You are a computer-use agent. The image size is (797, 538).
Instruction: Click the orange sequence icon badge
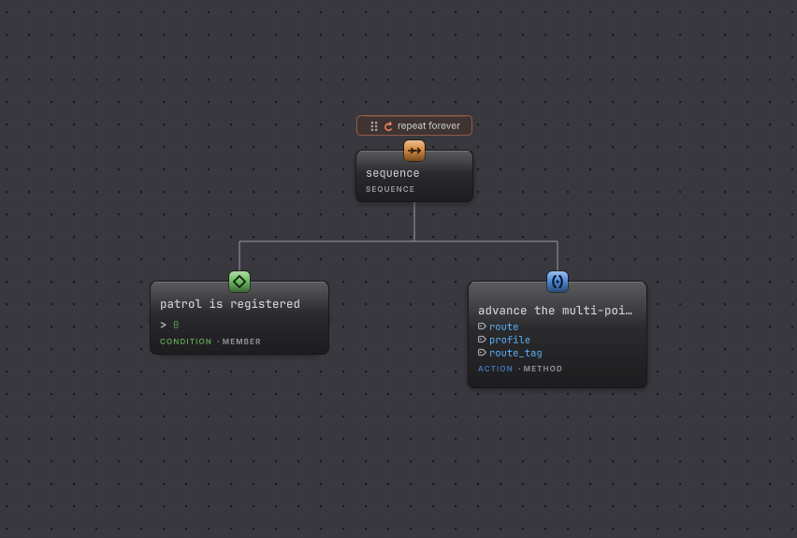click(x=414, y=151)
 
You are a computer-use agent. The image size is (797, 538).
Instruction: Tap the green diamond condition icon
click(x=239, y=282)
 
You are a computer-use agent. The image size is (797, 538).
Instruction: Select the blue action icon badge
click(x=558, y=282)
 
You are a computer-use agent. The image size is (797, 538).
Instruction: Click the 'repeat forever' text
click(x=428, y=125)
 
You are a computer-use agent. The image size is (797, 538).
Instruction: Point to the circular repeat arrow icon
click(x=388, y=126)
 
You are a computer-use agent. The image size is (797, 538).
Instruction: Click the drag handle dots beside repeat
click(x=374, y=126)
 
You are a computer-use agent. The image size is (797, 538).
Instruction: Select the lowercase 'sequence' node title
click(x=392, y=173)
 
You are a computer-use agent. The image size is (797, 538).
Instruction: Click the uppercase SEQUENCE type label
click(x=390, y=189)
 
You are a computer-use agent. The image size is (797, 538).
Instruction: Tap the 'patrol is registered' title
click(x=230, y=304)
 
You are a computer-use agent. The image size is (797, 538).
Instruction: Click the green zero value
click(x=176, y=325)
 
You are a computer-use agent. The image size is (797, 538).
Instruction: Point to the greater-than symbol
click(x=163, y=325)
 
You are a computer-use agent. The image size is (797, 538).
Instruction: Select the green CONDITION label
click(x=185, y=342)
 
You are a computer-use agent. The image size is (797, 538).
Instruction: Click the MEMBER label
click(x=241, y=342)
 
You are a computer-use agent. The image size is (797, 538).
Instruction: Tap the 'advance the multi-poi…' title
click(x=555, y=311)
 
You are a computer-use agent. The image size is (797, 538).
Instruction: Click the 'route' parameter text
click(x=503, y=327)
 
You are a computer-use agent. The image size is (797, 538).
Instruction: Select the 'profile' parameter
click(x=509, y=340)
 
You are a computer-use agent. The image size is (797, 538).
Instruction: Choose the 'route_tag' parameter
click(x=515, y=353)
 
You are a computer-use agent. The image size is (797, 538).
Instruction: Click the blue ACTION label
click(x=495, y=369)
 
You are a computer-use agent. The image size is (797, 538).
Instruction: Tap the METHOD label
click(x=543, y=369)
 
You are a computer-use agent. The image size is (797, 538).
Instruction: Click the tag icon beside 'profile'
click(x=482, y=339)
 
